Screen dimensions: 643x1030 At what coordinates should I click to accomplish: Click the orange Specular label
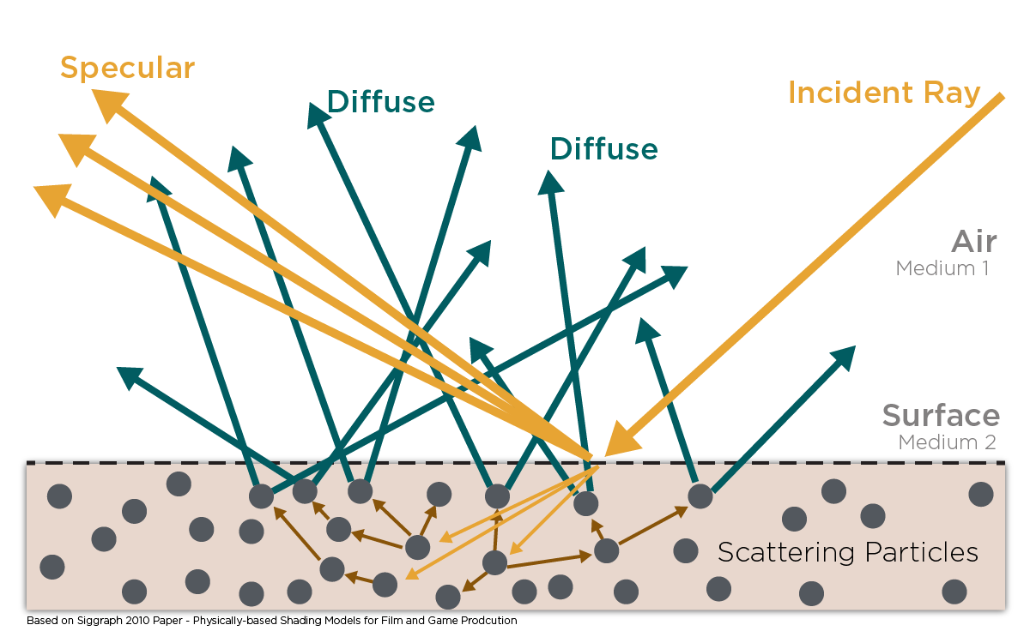(x=127, y=69)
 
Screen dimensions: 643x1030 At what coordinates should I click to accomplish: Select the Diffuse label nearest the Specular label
(x=380, y=102)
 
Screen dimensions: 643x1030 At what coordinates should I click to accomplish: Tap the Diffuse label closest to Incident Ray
(x=603, y=148)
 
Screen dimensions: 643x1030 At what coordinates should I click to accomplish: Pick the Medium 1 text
(x=942, y=268)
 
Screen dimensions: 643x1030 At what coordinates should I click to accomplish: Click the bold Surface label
(x=941, y=416)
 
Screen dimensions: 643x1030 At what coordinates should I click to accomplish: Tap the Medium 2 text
(x=947, y=442)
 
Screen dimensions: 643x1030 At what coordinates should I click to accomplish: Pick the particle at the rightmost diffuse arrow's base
(x=700, y=496)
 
